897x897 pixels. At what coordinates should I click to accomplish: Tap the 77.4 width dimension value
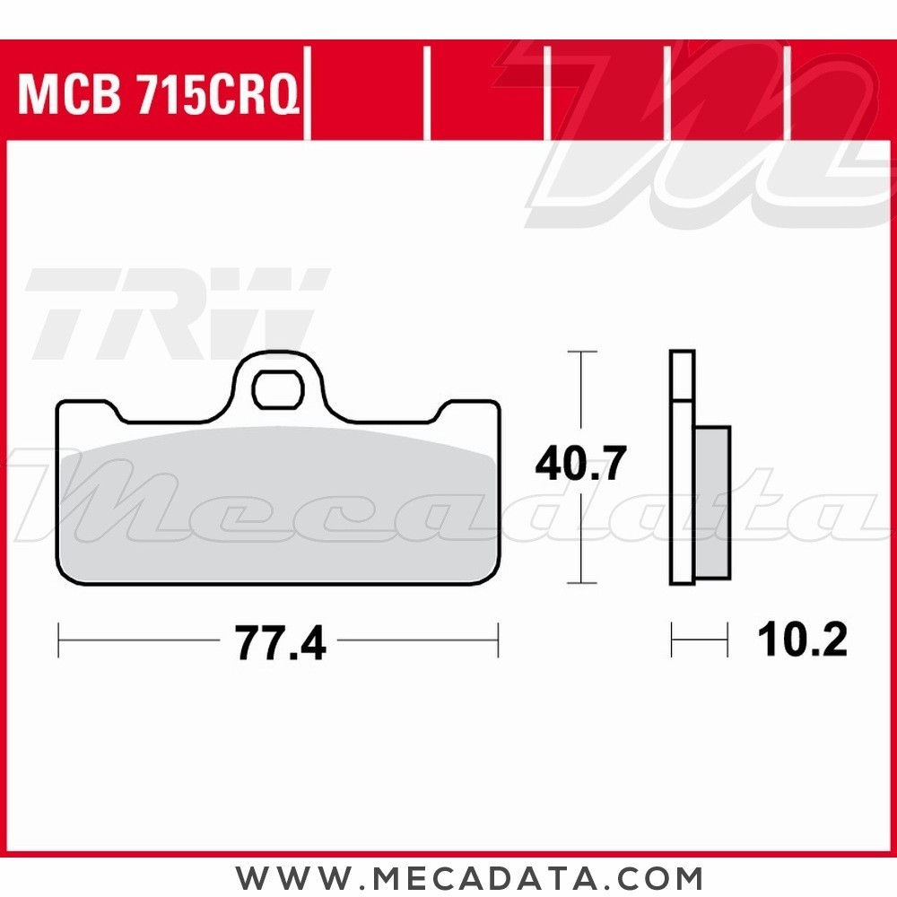point(279,642)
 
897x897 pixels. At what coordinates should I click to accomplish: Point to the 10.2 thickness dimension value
point(801,640)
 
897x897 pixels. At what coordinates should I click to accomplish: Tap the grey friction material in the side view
point(713,502)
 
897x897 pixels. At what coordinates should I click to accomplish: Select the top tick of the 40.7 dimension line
point(582,352)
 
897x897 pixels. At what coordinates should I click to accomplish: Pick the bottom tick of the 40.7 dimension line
point(582,582)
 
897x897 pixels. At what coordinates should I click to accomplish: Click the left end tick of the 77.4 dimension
point(58,641)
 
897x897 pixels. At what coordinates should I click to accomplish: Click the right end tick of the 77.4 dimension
point(497,641)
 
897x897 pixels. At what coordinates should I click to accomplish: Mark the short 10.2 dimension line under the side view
point(699,640)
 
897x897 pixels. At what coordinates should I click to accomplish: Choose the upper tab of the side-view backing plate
point(683,375)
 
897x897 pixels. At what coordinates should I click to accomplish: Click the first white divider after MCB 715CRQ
point(308,94)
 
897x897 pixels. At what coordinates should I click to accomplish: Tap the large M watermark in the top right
point(709,135)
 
